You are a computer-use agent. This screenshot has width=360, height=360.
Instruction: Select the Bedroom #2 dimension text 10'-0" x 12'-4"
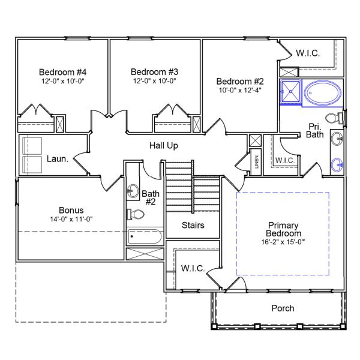click(x=239, y=91)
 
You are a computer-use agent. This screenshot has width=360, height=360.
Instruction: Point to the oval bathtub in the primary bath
click(x=323, y=94)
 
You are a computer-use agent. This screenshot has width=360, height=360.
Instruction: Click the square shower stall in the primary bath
click(x=290, y=93)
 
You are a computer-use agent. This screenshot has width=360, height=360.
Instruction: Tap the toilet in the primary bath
click(x=333, y=116)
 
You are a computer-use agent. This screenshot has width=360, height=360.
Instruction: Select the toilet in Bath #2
click(x=134, y=214)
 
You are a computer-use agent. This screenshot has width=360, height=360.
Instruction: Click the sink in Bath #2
click(x=133, y=191)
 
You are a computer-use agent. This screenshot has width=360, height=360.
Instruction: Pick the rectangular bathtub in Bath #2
click(x=145, y=237)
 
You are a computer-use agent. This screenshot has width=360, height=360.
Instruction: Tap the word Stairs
click(x=193, y=226)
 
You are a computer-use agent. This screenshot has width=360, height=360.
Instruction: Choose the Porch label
click(x=283, y=308)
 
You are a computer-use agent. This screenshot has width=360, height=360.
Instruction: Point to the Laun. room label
click(x=58, y=159)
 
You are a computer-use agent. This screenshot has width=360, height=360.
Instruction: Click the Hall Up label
click(x=163, y=145)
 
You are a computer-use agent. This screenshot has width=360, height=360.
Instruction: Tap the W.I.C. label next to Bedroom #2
click(x=307, y=53)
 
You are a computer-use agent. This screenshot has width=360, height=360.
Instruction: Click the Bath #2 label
click(x=149, y=197)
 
